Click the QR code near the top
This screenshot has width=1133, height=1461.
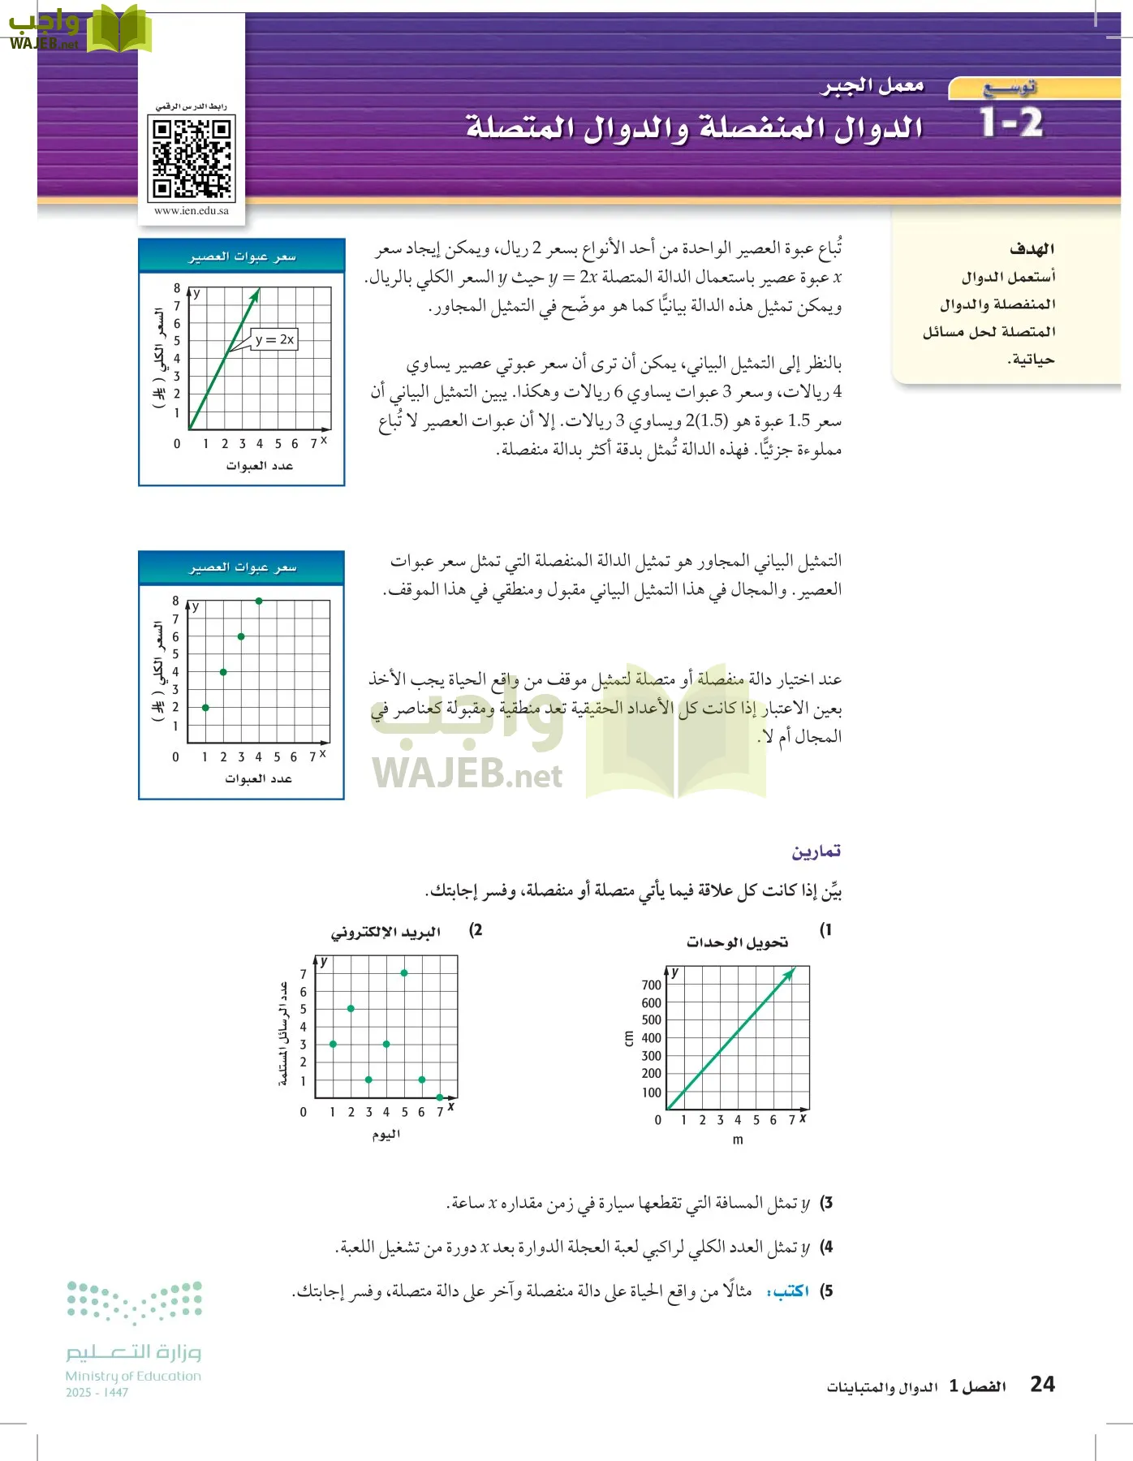click(x=192, y=157)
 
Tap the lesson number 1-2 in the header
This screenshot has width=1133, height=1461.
click(x=1011, y=123)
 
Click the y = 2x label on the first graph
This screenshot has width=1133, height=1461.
click(x=274, y=339)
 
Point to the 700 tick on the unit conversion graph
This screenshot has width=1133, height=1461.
click(x=651, y=985)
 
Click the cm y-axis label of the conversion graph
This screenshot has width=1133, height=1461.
click(x=628, y=1038)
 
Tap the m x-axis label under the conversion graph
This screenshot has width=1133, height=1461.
click(x=737, y=1140)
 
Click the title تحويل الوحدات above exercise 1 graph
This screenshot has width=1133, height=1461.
click(x=737, y=942)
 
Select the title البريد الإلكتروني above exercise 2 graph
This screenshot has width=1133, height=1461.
click(x=386, y=933)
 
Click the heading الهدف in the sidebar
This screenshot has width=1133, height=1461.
click(x=1032, y=248)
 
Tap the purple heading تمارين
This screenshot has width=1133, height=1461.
click(x=816, y=851)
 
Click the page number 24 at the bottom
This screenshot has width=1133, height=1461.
click(x=1042, y=1384)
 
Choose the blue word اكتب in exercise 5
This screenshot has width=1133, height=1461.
click(x=789, y=1291)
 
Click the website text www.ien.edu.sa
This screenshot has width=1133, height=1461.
click(x=192, y=210)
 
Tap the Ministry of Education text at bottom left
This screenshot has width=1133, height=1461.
click(x=133, y=1376)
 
